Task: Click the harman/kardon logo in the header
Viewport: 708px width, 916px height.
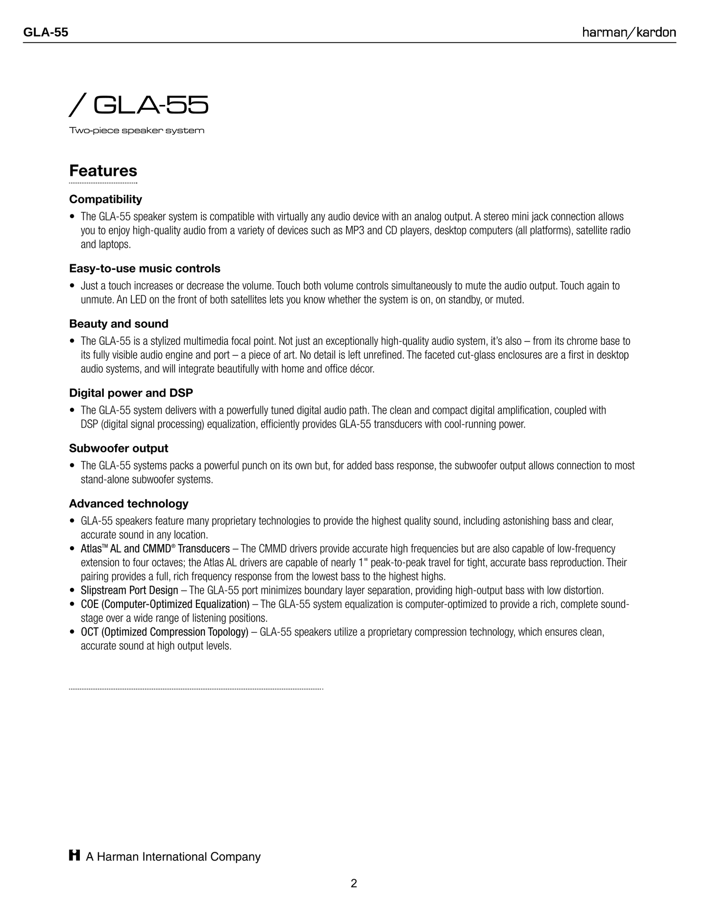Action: click(x=629, y=33)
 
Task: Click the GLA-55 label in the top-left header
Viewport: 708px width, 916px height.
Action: click(x=46, y=33)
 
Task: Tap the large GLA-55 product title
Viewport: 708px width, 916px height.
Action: click(x=139, y=105)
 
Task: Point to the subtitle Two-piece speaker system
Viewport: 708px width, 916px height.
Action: click(x=137, y=131)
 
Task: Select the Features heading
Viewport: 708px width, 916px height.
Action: click(x=103, y=171)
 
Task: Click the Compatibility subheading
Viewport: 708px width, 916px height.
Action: click(x=105, y=199)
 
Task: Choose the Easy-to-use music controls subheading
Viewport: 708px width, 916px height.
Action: click(x=145, y=268)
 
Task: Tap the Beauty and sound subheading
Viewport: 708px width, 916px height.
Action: click(x=119, y=324)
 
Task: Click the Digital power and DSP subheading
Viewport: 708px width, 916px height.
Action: click(x=131, y=393)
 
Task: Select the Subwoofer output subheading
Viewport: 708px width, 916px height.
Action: click(x=119, y=448)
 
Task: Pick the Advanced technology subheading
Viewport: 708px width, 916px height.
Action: click(x=128, y=504)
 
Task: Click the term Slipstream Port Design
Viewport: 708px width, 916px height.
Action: click(x=129, y=590)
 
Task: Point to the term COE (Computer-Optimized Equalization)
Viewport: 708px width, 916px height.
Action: click(x=165, y=604)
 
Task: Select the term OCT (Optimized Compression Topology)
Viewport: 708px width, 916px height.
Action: click(x=165, y=632)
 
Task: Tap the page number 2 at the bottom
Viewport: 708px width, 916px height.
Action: click(x=354, y=884)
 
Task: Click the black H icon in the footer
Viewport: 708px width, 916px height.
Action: click(x=74, y=856)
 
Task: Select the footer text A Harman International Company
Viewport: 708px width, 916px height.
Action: click(x=173, y=857)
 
